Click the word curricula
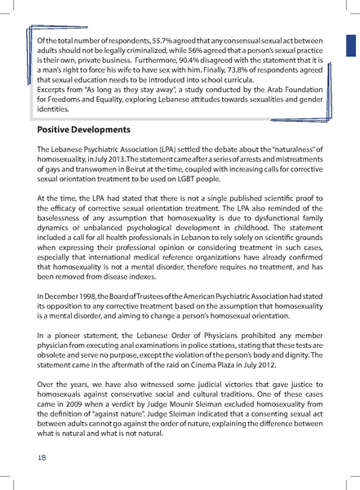(x=225, y=81)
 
